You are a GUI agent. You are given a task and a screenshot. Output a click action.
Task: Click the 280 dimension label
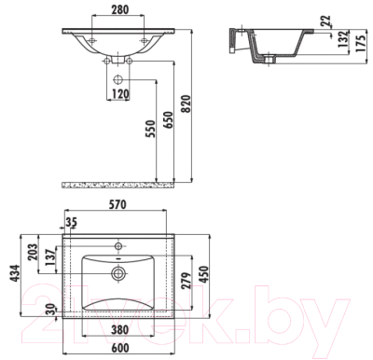(x=119, y=9)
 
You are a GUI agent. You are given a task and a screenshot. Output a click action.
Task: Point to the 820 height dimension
(x=186, y=104)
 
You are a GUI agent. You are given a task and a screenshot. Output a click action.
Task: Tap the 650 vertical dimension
(x=168, y=120)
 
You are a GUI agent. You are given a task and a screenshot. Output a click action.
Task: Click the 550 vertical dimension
(x=150, y=129)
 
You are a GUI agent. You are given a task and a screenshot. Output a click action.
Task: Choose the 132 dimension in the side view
(x=343, y=39)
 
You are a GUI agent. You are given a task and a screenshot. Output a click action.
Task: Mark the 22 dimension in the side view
(x=325, y=21)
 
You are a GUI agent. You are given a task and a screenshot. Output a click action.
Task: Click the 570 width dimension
(x=117, y=205)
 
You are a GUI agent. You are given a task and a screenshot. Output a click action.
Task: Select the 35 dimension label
(x=71, y=222)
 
